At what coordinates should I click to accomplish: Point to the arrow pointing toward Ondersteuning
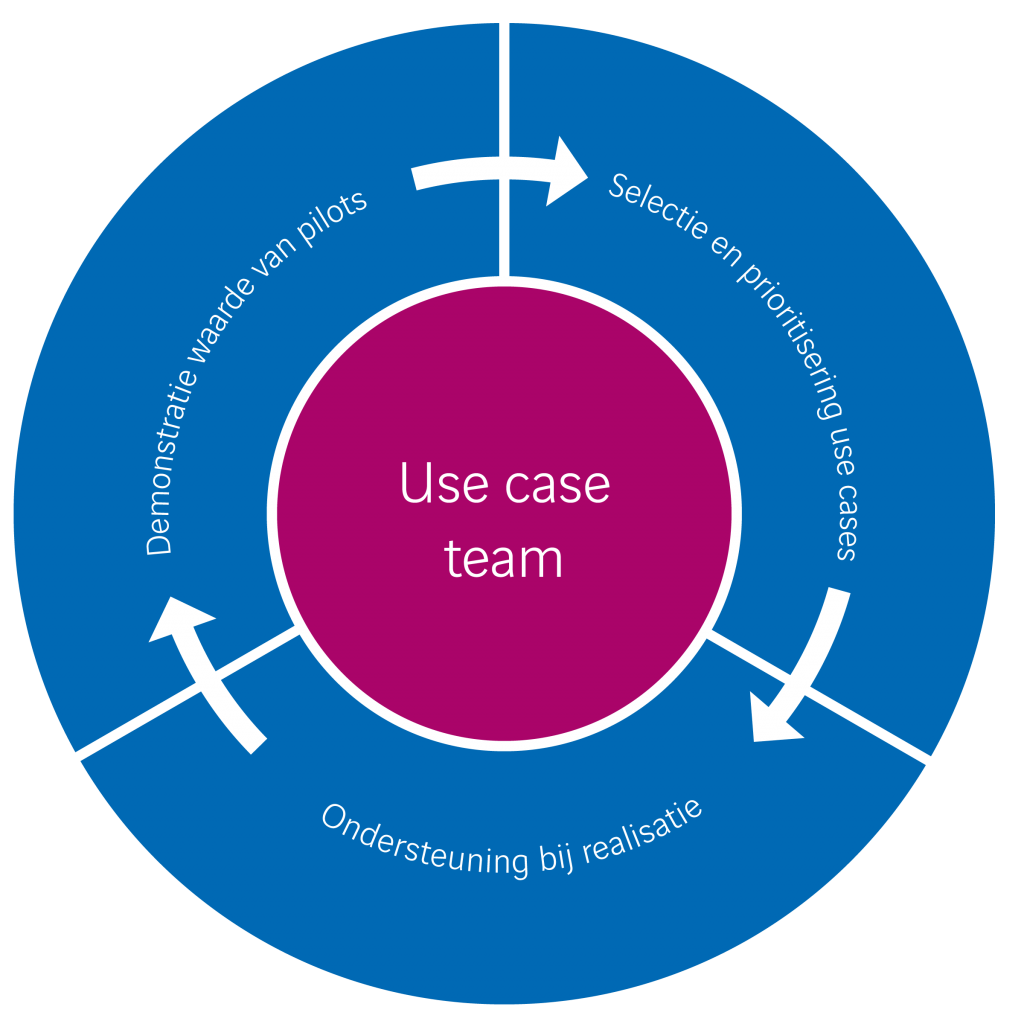coord(800,670)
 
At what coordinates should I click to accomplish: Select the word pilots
coord(336,216)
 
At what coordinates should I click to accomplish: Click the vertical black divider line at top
coord(504,150)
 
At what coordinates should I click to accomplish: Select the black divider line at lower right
coord(820,697)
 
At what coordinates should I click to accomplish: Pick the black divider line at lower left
coord(185,692)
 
